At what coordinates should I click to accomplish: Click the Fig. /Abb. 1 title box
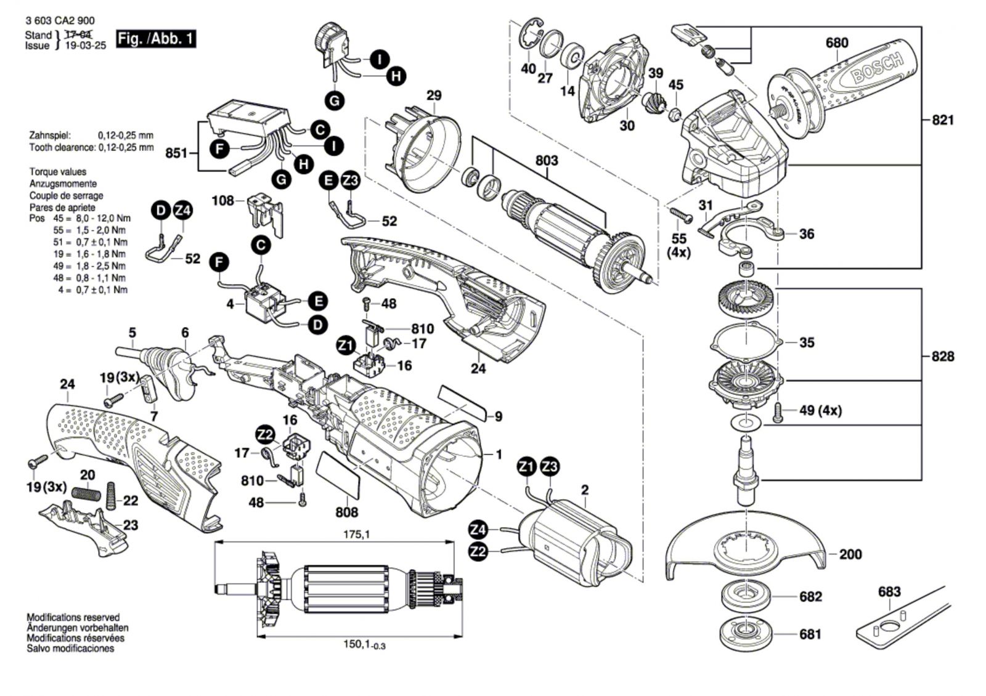[x=156, y=39]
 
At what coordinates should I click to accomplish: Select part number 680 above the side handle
[x=837, y=42]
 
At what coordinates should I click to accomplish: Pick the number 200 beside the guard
[x=850, y=554]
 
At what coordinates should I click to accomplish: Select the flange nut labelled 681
[x=745, y=634]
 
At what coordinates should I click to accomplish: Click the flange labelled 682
[x=745, y=597]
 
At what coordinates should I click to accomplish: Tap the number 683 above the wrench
[x=889, y=592]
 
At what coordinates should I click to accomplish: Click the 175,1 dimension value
[x=357, y=535]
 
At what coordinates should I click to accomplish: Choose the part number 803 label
[x=547, y=161]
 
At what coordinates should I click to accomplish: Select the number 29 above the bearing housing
[x=434, y=95]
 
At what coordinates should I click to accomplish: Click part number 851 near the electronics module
[x=176, y=152]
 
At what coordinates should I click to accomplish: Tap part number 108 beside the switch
[x=222, y=200]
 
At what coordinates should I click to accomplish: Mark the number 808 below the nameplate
[x=347, y=511]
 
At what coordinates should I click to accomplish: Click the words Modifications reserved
[x=73, y=617]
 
